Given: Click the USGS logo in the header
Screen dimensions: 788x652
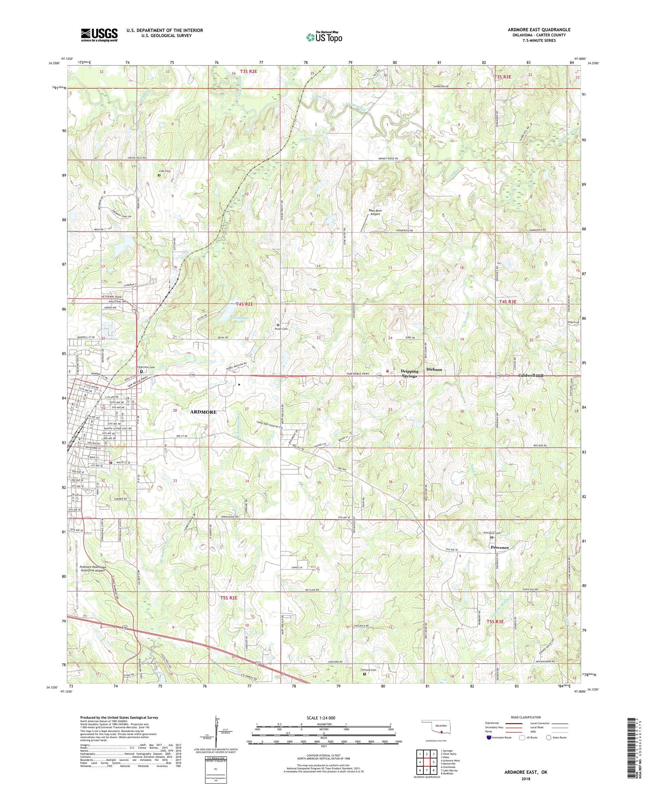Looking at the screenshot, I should pos(99,35).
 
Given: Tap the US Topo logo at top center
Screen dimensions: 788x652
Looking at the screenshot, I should pos(324,37).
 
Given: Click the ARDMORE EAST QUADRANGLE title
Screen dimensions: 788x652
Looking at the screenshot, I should pos(539,30).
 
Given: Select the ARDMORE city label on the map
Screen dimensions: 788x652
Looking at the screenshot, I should pos(203,412).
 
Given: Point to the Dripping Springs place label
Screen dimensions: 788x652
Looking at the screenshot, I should pos(409,373).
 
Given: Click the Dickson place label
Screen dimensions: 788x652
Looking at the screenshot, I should pos(434,369).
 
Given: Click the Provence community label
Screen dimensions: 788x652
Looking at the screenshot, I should pos(499,548).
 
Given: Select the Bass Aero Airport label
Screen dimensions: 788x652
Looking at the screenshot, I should pos(374,212).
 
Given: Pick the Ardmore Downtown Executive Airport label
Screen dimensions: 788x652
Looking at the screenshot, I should pos(99,569).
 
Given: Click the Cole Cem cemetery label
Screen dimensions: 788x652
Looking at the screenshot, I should pos(165,171).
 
